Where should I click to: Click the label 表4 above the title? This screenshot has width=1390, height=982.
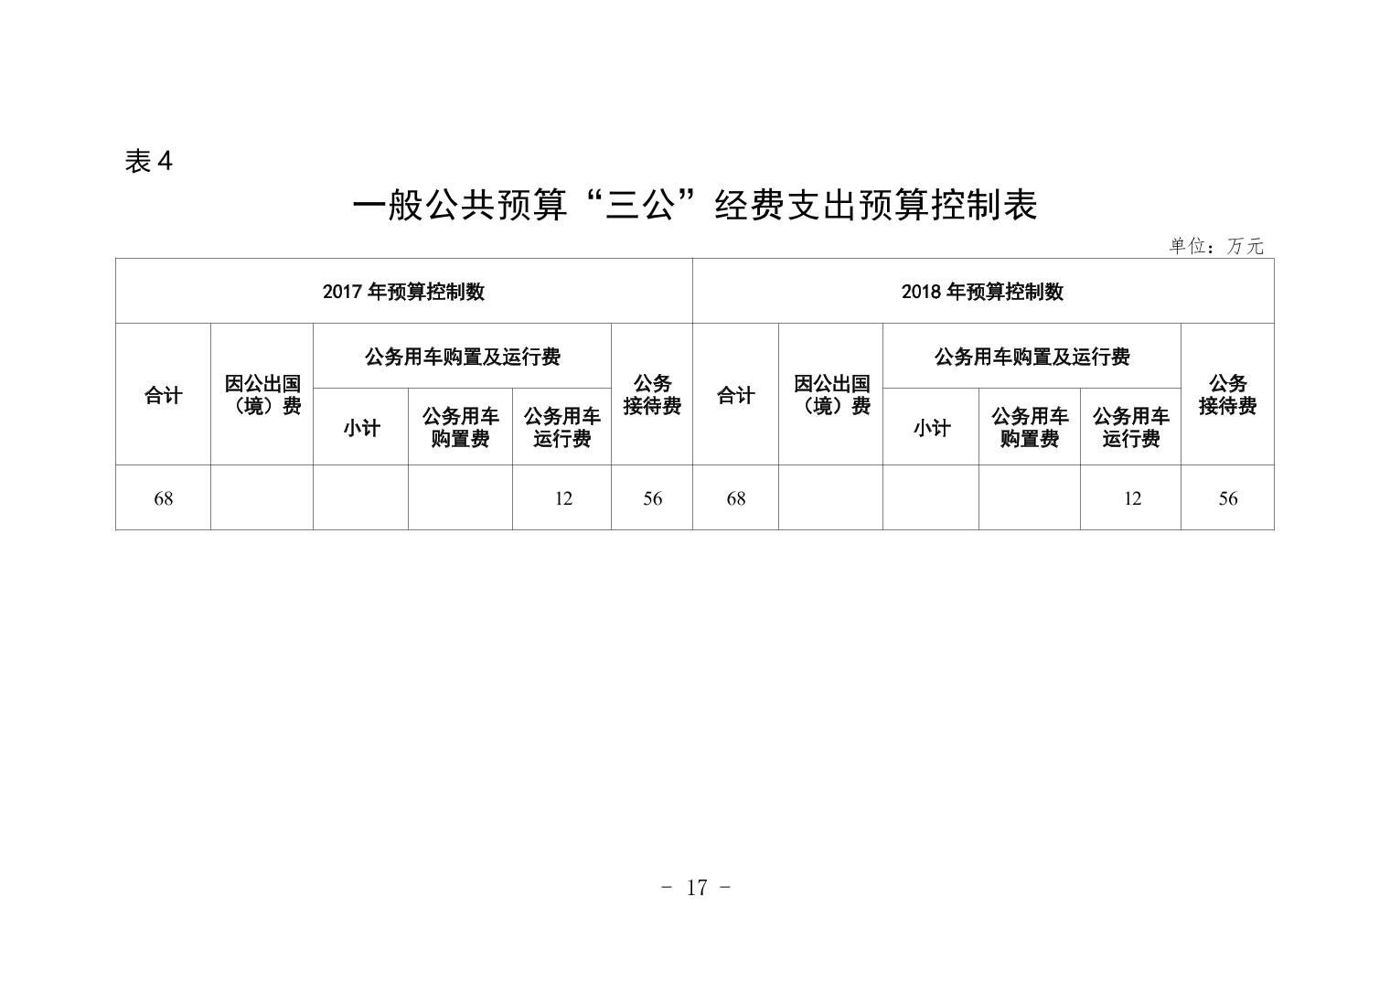(148, 162)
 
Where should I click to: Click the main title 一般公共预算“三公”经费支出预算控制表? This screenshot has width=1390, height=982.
(695, 206)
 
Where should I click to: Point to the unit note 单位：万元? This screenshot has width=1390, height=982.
(1216, 246)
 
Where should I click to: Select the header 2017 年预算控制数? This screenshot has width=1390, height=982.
(403, 292)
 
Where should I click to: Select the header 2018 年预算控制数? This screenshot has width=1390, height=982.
(982, 292)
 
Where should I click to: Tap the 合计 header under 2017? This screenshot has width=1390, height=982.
(163, 395)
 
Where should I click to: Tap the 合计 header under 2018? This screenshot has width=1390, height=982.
(736, 395)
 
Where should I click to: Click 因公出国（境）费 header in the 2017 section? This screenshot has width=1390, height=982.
(262, 394)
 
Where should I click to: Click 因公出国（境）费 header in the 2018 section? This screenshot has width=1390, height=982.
(831, 394)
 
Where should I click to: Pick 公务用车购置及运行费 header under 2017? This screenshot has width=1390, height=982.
(463, 357)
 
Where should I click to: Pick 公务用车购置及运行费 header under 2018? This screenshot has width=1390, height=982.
(1032, 357)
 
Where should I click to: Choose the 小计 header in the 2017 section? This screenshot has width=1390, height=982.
(361, 428)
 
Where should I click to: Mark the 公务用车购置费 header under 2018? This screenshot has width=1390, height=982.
(1030, 427)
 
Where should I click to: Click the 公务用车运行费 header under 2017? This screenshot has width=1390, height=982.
(561, 427)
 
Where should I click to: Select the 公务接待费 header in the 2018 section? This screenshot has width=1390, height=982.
(1227, 394)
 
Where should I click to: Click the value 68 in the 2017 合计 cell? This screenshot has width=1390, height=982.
(163, 498)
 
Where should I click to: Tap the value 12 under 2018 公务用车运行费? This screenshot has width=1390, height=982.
(1132, 498)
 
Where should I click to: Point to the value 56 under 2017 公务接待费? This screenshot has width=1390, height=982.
(652, 498)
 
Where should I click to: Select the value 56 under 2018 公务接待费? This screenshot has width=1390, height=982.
(1227, 498)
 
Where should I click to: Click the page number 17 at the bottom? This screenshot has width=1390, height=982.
(696, 888)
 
